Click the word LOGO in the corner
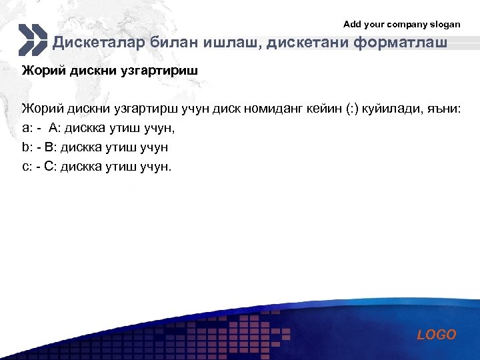point(437,335)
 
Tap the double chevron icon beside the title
point(33,40)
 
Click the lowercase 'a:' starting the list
point(27,128)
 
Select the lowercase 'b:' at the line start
point(27,147)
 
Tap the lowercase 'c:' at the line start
point(27,166)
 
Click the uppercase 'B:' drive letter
point(51,147)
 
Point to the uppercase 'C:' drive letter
point(51,166)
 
